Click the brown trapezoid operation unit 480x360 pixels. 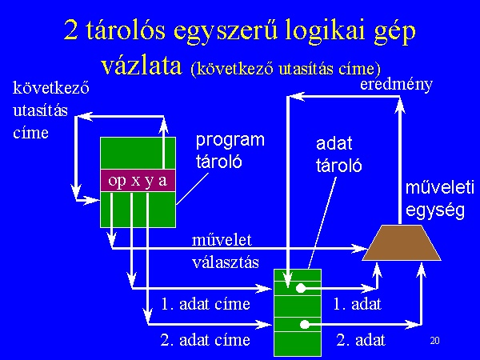point(402,242)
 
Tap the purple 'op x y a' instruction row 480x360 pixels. point(138,180)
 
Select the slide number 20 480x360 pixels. point(434,341)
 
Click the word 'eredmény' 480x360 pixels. point(397,84)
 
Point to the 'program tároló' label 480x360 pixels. point(230,150)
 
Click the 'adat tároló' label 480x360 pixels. point(339,155)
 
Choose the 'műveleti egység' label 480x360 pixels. point(439,199)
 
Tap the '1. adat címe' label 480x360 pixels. point(206,304)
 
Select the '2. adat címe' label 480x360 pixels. point(206,340)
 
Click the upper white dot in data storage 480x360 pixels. point(301,288)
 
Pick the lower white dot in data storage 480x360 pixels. point(305,325)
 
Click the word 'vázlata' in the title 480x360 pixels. point(142,66)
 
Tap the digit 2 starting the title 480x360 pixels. point(70,30)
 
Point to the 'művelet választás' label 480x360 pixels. point(226,251)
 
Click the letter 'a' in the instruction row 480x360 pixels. point(163,182)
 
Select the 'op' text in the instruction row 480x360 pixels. point(117,182)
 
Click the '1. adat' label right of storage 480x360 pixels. point(358,304)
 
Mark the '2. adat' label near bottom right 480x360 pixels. point(361,340)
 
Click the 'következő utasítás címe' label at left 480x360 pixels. point(51,110)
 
